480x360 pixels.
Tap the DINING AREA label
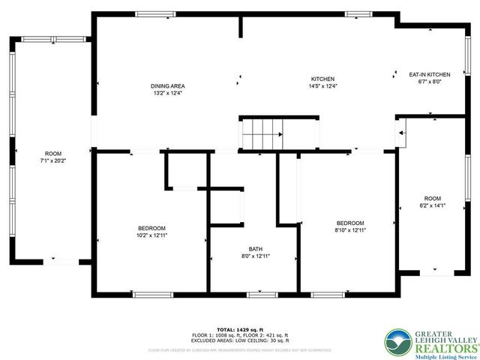tap(167, 86)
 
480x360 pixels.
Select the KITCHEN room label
tap(323, 79)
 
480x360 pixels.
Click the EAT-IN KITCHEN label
tap(429, 74)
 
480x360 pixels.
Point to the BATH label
tap(256, 249)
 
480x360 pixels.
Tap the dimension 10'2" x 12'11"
tap(151, 235)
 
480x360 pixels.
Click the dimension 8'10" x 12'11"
tap(349, 231)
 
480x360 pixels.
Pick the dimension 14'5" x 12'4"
tap(323, 86)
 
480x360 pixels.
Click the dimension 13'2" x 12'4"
tap(167, 94)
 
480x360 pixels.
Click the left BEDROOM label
tap(151, 228)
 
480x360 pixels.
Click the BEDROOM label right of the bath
tap(349, 223)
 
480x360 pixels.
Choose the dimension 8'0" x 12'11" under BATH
tap(256, 256)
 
